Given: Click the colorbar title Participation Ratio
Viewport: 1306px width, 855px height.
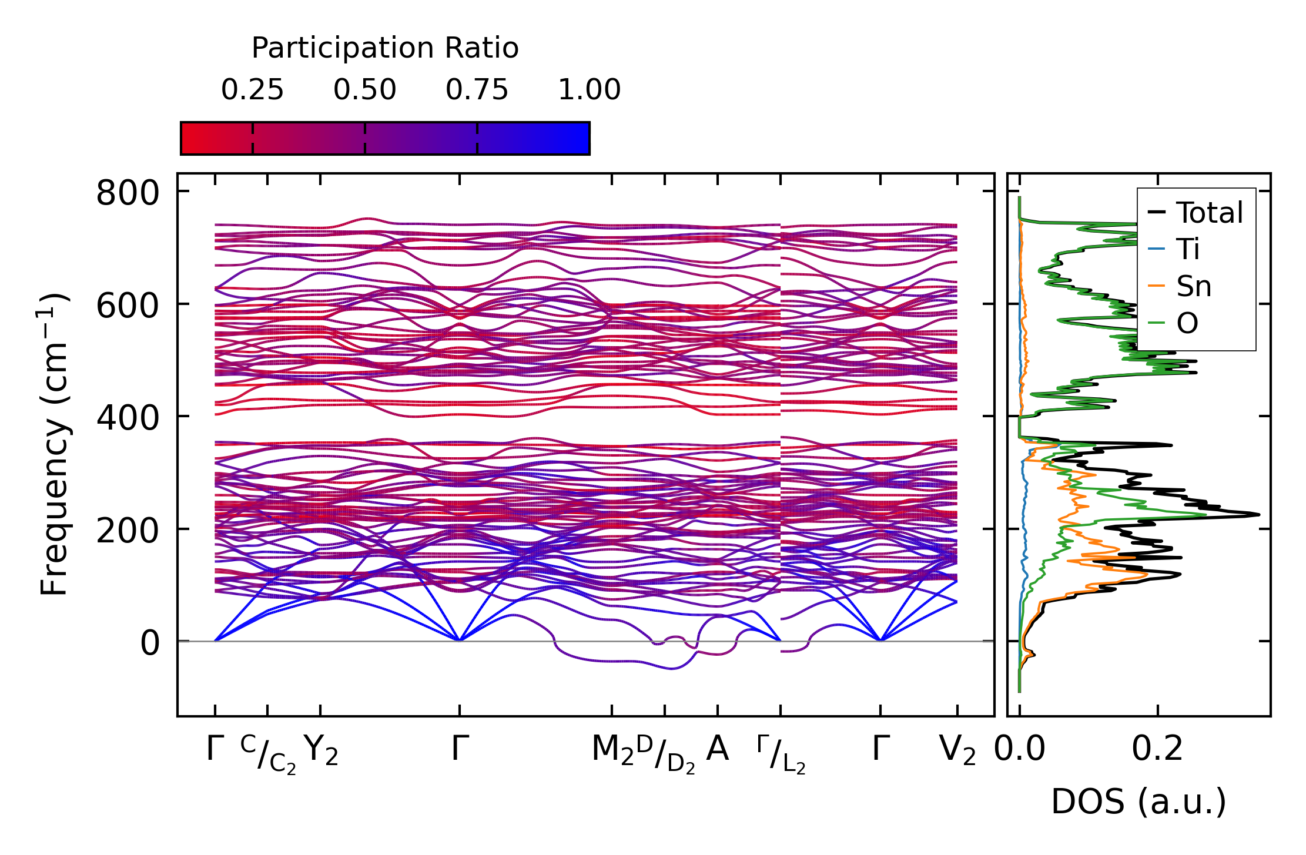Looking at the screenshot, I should (x=385, y=48).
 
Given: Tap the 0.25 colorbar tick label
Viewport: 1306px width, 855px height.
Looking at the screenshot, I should (x=252, y=90).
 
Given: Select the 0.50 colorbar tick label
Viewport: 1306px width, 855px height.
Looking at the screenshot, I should (x=364, y=90).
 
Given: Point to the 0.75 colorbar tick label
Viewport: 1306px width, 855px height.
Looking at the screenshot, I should (x=477, y=90).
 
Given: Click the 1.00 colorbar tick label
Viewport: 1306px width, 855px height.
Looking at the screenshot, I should (x=589, y=90).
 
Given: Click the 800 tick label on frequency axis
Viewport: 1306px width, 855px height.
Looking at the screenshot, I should (x=128, y=193).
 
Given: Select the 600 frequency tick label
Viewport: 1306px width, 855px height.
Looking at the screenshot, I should (x=128, y=305).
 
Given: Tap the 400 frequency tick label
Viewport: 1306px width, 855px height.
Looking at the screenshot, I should (x=128, y=417).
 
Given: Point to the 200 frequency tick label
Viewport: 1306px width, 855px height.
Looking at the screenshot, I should (x=128, y=530).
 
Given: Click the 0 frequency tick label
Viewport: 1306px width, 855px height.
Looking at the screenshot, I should (x=150, y=642).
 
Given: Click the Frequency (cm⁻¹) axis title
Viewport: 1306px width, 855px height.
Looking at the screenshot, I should (x=54, y=444).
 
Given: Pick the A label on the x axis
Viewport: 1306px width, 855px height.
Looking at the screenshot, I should (x=717, y=749).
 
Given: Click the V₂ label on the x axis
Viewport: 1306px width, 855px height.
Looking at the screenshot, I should (x=957, y=750).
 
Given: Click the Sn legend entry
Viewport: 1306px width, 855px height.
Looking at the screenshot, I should (x=1193, y=286).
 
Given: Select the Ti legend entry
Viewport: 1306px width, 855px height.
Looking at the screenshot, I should (x=1187, y=249).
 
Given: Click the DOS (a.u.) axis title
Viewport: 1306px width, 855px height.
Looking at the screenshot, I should (x=1138, y=802).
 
